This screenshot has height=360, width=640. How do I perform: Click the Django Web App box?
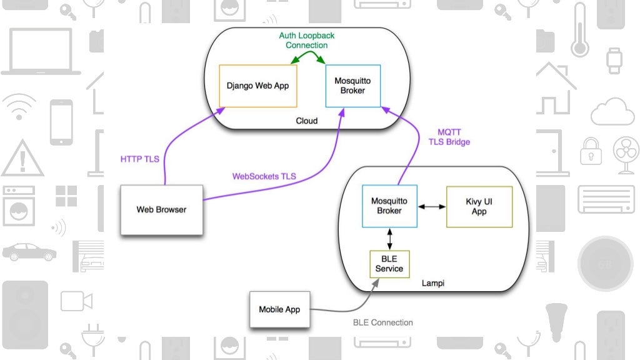pyautogui.click(x=257, y=86)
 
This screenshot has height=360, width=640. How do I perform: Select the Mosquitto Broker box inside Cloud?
pyautogui.click(x=352, y=86)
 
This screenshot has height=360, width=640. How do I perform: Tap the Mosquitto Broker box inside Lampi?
pyautogui.click(x=389, y=206)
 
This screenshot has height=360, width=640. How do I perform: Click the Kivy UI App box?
pyautogui.click(x=479, y=206)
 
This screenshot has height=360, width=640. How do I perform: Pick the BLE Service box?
pyautogui.click(x=389, y=264)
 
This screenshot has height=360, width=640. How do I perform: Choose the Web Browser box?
pyautogui.click(x=161, y=210)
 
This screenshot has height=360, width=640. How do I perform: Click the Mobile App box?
pyautogui.click(x=279, y=309)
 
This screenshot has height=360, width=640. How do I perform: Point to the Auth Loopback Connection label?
pyautogui.click(x=307, y=41)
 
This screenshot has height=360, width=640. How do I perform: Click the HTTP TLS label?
pyautogui.click(x=139, y=159)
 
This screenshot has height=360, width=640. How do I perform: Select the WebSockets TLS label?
pyautogui.click(x=263, y=177)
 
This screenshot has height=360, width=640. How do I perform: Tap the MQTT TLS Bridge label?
pyautogui.click(x=449, y=137)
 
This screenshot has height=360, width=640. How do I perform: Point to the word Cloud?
pyautogui.click(x=306, y=121)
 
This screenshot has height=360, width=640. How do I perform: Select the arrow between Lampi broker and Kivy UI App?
pyautogui.click(x=431, y=206)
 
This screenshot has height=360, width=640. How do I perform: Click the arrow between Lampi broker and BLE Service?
pyautogui.click(x=390, y=238)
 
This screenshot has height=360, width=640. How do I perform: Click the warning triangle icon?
pyautogui.click(x=22, y=158)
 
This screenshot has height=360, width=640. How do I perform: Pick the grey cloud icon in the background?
pyautogui.click(x=612, y=112)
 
